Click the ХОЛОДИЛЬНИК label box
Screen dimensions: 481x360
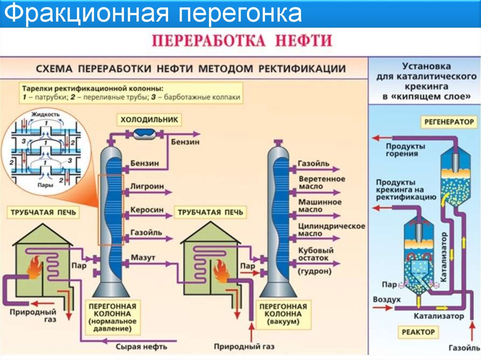click(x=149, y=120)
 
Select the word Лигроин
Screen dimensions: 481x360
click(x=147, y=186)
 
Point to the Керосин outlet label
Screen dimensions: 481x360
click(x=147, y=210)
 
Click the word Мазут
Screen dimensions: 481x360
click(x=143, y=258)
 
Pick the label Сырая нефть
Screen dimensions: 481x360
click(x=141, y=346)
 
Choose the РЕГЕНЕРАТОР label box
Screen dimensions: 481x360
click(x=449, y=122)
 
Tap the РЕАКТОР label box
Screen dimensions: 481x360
click(x=418, y=332)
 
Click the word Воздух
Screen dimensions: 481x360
click(x=387, y=299)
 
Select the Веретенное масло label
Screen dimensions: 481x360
click(x=322, y=183)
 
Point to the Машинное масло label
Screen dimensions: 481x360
click(x=320, y=206)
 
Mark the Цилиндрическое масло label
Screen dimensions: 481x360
click(x=332, y=230)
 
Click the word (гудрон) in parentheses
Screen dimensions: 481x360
click(x=315, y=271)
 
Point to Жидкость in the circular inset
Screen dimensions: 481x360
click(x=46, y=115)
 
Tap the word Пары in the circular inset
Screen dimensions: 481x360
click(x=46, y=185)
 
